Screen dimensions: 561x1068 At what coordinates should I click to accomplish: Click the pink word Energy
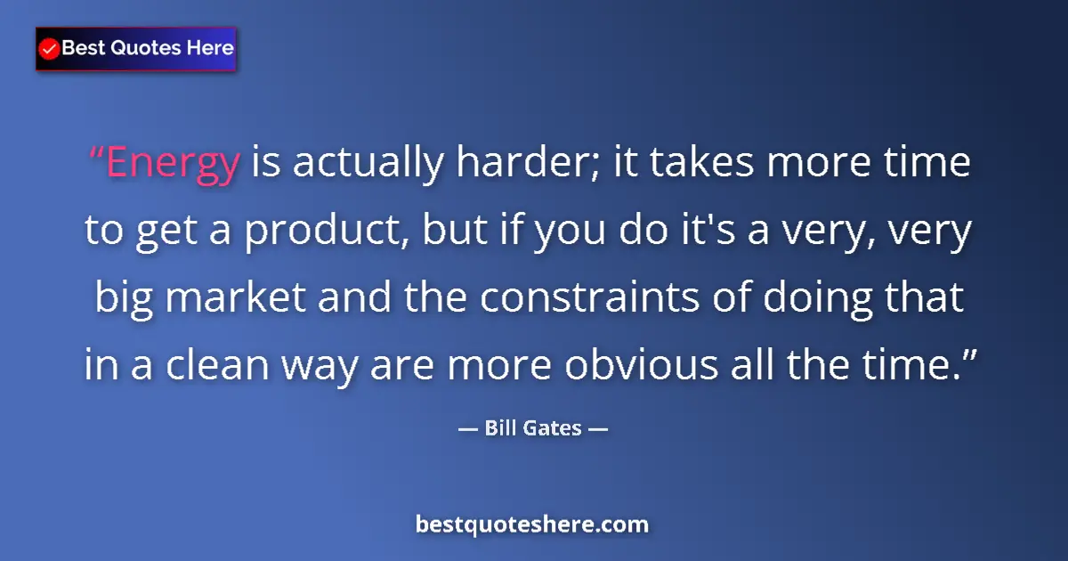[173, 164]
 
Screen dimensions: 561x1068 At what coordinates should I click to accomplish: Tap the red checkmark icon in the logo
[50, 49]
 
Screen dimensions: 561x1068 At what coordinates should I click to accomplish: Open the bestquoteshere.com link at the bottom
[532, 524]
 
